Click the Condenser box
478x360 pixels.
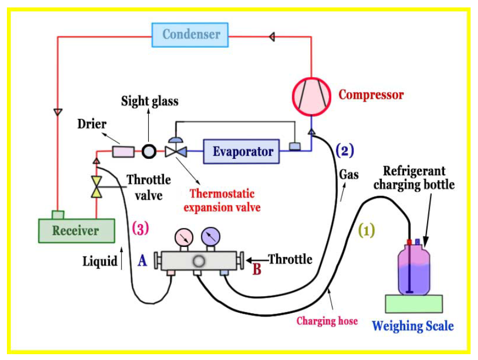[191, 35]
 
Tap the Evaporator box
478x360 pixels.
[242, 151]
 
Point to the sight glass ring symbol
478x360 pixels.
[149, 152]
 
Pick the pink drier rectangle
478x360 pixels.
[124, 152]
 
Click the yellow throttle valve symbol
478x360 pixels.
[97, 186]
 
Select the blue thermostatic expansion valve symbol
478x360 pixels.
[174, 151]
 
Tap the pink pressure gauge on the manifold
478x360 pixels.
[184, 237]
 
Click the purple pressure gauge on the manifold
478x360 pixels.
[211, 237]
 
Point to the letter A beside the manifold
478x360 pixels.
[142, 260]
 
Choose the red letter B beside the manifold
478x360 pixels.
[257, 269]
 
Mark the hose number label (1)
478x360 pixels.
[367, 229]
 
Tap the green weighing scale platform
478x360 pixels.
[413, 303]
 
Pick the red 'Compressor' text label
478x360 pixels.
[371, 95]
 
